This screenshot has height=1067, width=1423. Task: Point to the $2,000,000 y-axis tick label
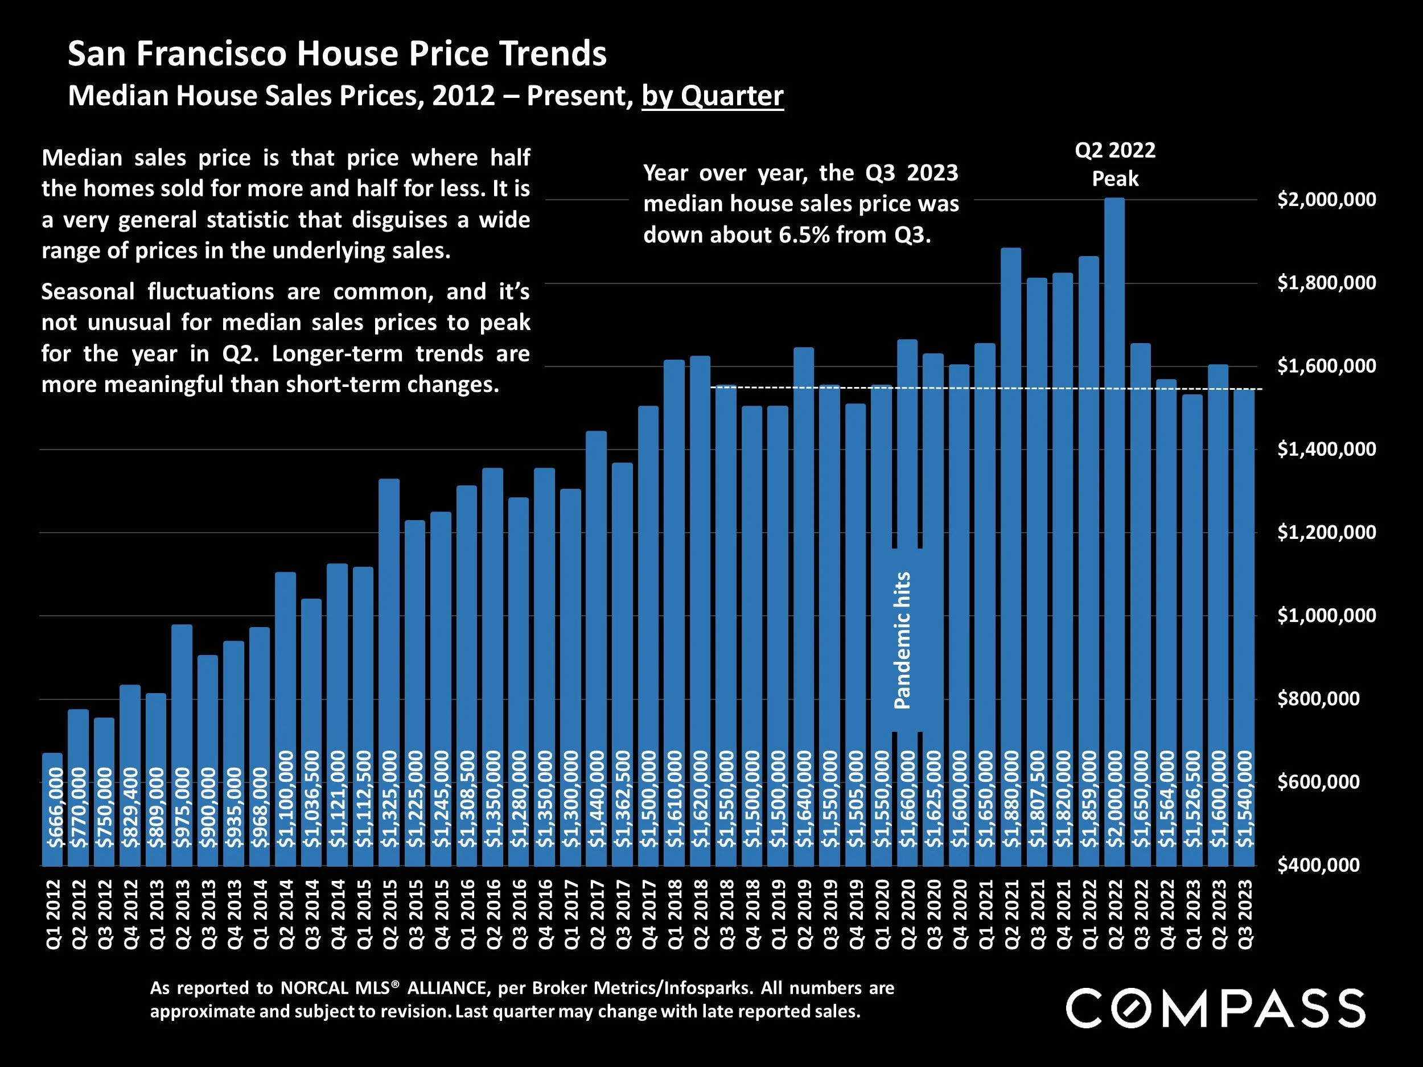click(1326, 199)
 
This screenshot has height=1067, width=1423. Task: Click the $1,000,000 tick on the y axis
click(1326, 616)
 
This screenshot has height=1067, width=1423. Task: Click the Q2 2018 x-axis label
click(700, 914)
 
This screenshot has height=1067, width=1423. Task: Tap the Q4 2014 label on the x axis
click(338, 914)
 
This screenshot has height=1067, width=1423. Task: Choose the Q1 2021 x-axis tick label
click(985, 914)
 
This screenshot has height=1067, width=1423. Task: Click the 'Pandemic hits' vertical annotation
click(903, 641)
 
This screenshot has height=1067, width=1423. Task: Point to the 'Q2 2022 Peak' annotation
click(1115, 164)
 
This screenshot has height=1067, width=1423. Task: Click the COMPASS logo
click(1215, 1008)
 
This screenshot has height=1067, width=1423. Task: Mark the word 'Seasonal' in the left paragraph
click(88, 292)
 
